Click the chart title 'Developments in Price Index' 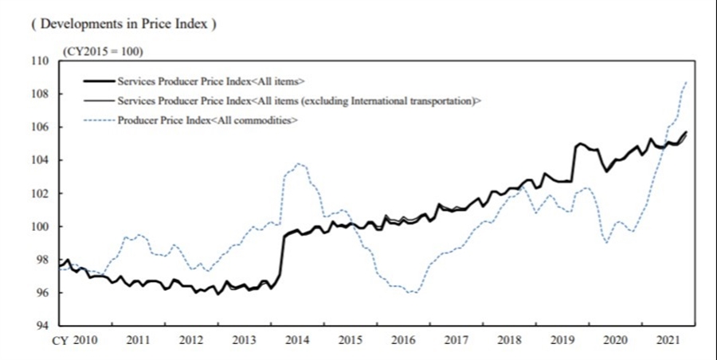tap(123, 24)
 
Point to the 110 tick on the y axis tap(41, 61)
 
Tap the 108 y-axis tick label tap(41, 94)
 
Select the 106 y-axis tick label tap(41, 127)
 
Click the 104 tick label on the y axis tap(41, 160)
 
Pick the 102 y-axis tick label tap(41, 194)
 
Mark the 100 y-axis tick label tap(41, 227)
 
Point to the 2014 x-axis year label tap(297, 341)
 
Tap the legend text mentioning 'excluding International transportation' tap(300, 101)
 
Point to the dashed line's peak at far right tap(686, 82)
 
